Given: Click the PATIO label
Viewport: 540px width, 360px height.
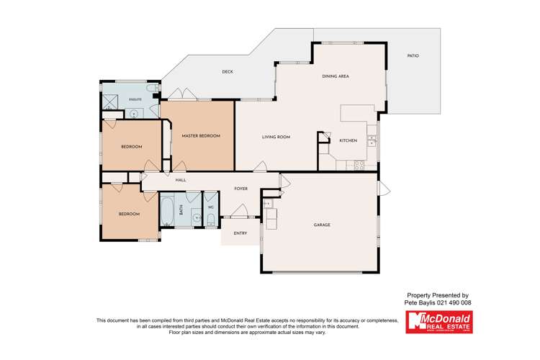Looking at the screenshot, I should click(413, 55).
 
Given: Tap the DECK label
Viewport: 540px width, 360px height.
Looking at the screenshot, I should click(228, 71).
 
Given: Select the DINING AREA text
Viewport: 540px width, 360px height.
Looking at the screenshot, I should click(335, 76).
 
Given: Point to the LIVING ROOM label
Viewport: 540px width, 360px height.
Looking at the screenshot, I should click(275, 136).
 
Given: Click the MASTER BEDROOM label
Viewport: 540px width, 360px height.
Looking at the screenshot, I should click(200, 135).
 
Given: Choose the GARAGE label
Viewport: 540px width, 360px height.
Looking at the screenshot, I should click(322, 225).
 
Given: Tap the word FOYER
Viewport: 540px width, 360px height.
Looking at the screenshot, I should click(240, 189).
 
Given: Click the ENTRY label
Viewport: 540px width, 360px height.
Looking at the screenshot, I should click(239, 233).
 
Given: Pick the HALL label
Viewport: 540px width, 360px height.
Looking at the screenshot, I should click(181, 181).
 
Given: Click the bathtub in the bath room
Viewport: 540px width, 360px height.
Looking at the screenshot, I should click(165, 211).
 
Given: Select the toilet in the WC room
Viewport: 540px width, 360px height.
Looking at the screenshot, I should click(210, 220).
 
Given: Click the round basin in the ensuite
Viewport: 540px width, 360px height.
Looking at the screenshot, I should click(133, 113).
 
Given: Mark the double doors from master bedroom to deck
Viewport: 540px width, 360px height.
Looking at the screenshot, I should click(182, 95).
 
